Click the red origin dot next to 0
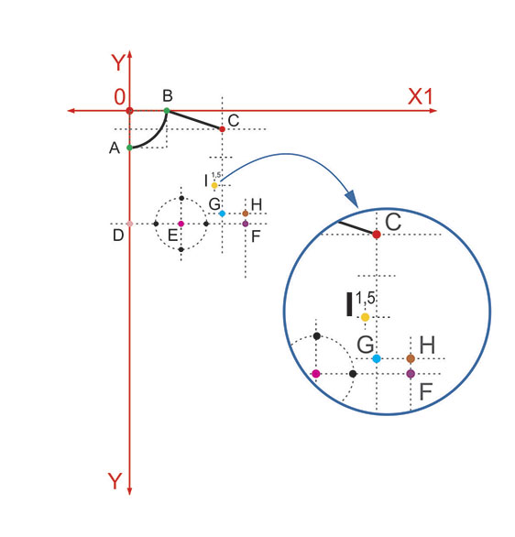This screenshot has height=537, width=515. pos(129,111)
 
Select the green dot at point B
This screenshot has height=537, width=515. pos(167,111)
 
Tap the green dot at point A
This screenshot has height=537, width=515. pos(129,148)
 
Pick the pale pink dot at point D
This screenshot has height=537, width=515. pos(129,224)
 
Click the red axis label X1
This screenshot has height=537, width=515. pos(421,96)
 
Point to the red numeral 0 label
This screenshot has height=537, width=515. pos(119,97)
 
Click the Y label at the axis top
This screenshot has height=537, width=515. pos(118,62)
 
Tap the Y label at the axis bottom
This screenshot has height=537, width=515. pos(115,481)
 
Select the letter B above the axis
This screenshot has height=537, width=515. pos(168,96)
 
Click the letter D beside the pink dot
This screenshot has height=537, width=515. pos(118,236)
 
